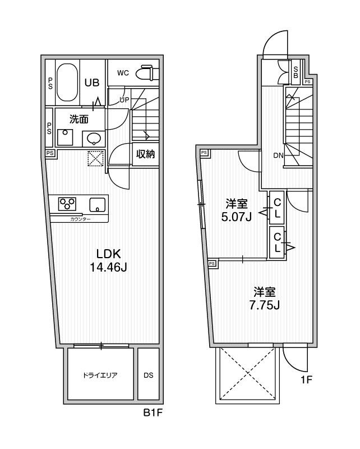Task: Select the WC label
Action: pos(123,72)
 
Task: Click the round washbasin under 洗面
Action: pos(93,138)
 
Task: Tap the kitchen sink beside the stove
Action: pos(97,205)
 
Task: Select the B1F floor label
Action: pos(153,414)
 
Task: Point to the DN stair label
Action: pos(278,156)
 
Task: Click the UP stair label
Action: pos(124,100)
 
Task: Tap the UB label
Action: pos(92,83)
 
